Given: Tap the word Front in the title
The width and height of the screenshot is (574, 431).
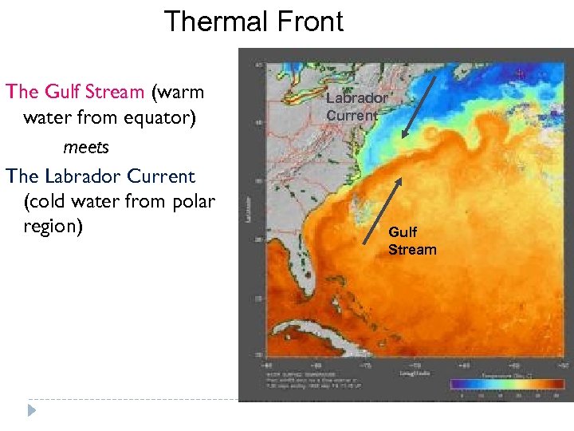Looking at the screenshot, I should (x=308, y=21).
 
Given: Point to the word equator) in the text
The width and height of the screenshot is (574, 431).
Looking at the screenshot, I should (x=163, y=118).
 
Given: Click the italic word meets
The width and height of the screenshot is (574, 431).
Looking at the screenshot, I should (x=85, y=148).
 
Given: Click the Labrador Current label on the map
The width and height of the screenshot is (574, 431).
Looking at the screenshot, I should (x=356, y=106).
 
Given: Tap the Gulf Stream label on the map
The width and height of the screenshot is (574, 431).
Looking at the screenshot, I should (x=412, y=241).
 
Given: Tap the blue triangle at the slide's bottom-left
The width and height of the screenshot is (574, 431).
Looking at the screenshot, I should (x=31, y=410).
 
